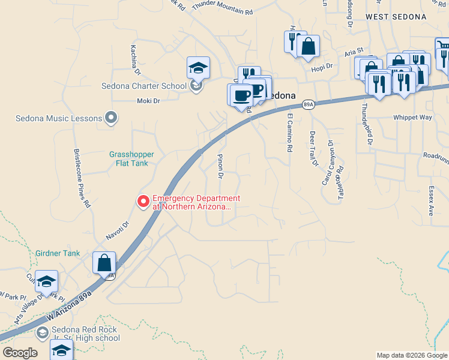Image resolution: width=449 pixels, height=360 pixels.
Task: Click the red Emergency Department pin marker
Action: [x=143, y=202]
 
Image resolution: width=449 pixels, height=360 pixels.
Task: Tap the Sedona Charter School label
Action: [x=144, y=86]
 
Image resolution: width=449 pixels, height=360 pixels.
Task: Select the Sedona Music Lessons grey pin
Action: [x=110, y=118]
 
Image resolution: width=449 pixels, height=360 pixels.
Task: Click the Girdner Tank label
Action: [x=58, y=253]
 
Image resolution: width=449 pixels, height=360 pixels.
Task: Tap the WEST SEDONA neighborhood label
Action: [x=396, y=17]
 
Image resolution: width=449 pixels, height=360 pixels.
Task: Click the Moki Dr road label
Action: [x=148, y=101]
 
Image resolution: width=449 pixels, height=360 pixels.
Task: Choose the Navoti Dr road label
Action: [x=118, y=231]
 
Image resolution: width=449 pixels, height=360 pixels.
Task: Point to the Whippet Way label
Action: [x=412, y=118]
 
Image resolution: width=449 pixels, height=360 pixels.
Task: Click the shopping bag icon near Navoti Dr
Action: [x=104, y=263]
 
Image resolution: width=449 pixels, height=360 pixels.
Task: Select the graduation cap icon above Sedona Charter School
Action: [x=198, y=68]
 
